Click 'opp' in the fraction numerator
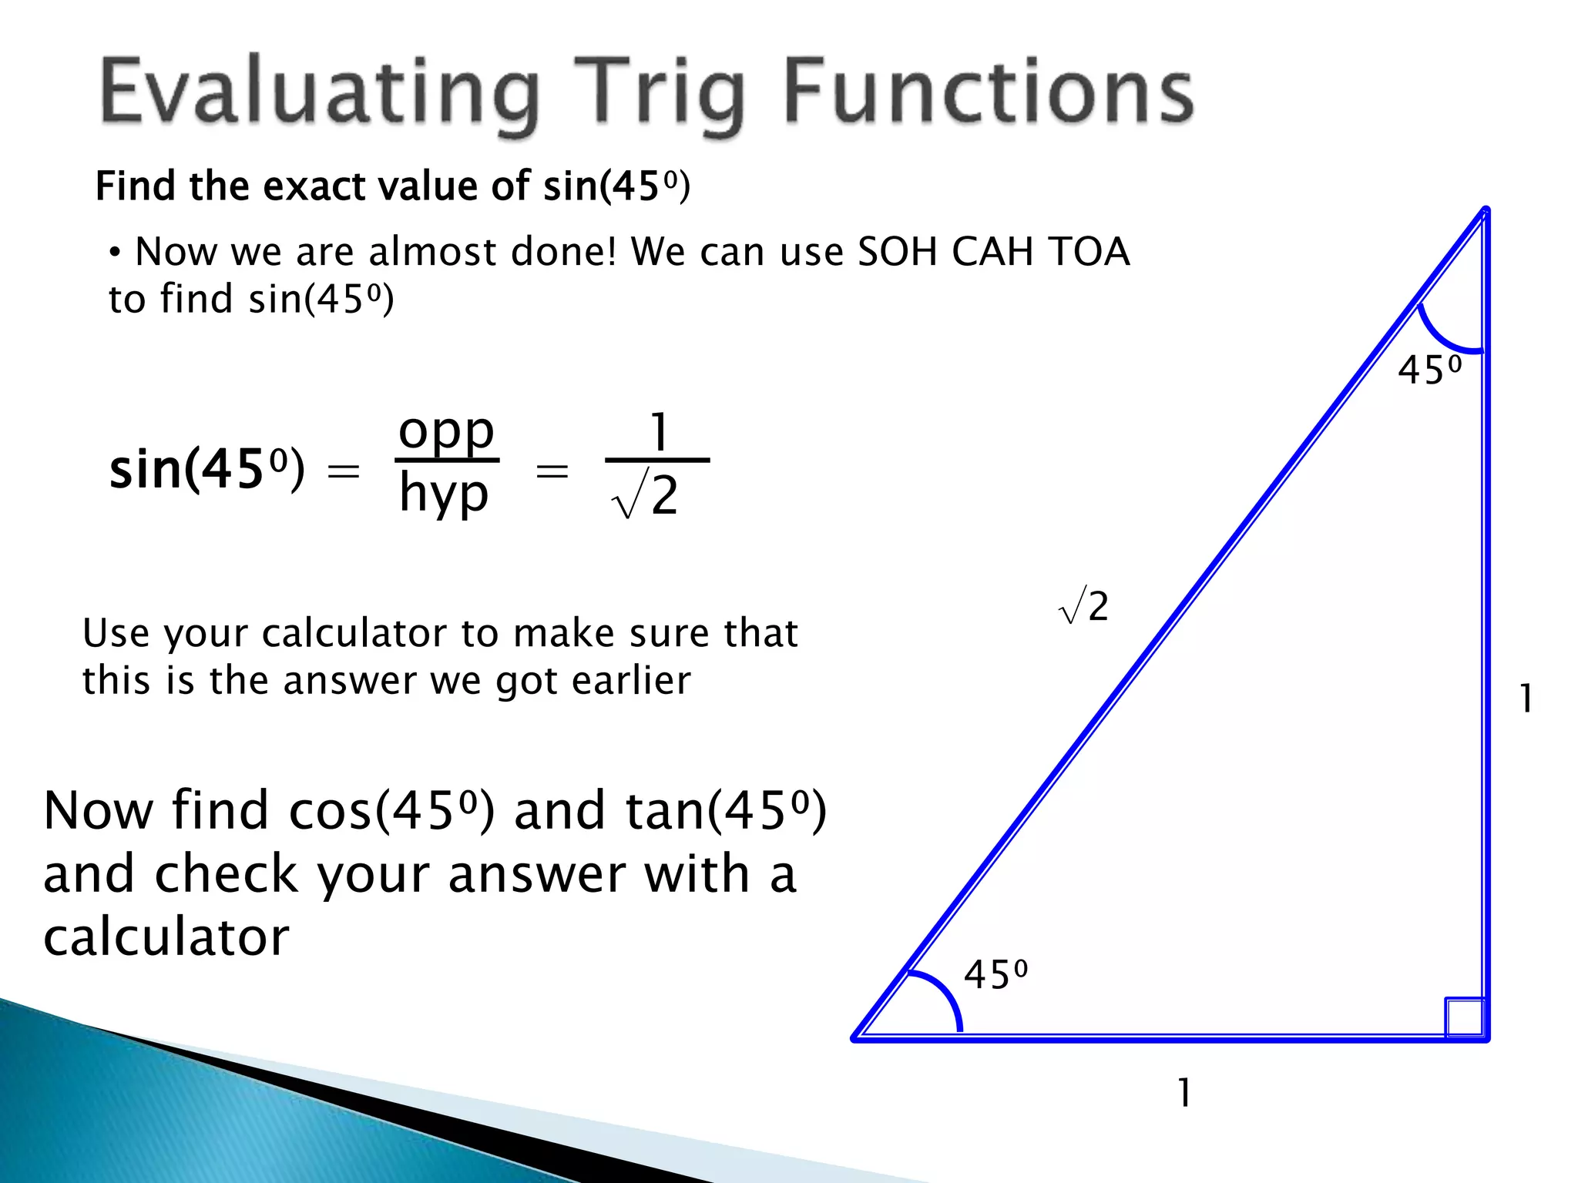pos(446,432)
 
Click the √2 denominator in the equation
pos(646,496)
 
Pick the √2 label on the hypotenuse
pos(1084,606)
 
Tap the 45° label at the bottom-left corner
pos(995,975)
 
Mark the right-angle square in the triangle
pos(1464,1017)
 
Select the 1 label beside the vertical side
pos(1526,699)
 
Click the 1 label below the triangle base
pos(1185,1093)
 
